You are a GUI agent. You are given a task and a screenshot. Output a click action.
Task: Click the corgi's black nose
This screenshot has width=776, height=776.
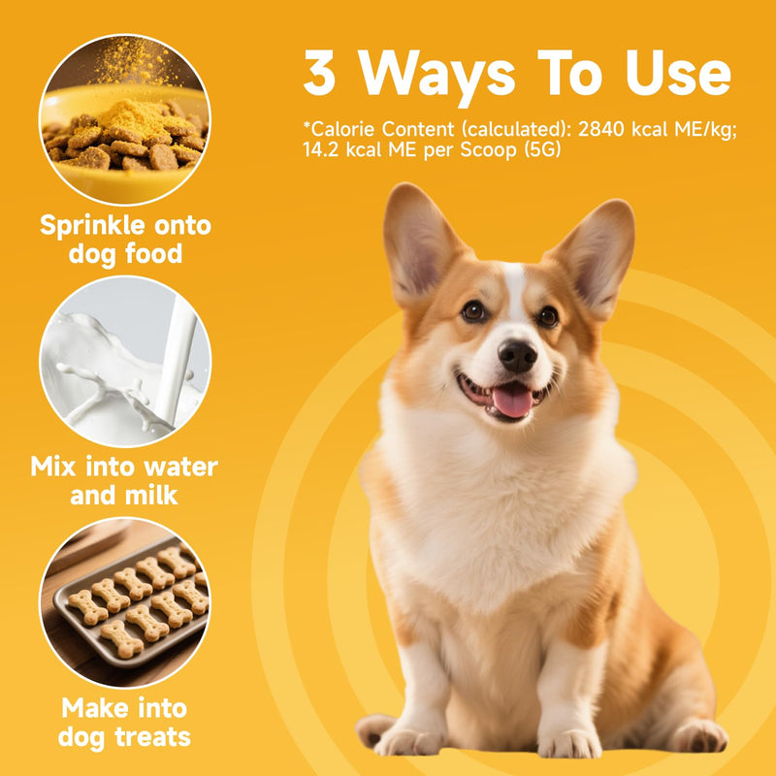pos(517,355)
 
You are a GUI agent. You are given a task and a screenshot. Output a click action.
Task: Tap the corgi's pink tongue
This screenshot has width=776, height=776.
pos(513,400)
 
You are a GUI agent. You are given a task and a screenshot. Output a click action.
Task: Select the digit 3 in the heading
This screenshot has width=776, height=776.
pos(320,72)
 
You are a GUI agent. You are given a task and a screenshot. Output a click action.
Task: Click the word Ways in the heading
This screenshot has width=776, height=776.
pos(436,78)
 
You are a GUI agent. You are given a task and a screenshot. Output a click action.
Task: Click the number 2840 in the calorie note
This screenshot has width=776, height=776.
pos(601,129)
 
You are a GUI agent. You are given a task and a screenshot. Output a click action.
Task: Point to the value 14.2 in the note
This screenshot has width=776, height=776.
pos(321,149)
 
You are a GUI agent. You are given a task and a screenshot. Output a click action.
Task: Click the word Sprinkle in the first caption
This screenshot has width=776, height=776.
pos(93,227)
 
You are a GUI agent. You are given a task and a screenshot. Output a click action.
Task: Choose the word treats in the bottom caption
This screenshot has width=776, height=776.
pos(152,737)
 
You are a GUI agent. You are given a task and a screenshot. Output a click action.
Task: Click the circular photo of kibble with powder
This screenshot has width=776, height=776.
pos(125,119)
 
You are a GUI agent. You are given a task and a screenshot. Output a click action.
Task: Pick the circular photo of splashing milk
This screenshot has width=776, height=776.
pos(125,361)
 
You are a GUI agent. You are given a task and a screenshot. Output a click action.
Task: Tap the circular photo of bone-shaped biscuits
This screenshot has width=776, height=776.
pos(125,602)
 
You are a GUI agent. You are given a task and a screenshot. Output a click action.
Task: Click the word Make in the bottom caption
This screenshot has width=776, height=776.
pos(93,708)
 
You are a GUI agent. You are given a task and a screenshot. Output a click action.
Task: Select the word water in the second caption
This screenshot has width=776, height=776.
pos(180,467)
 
